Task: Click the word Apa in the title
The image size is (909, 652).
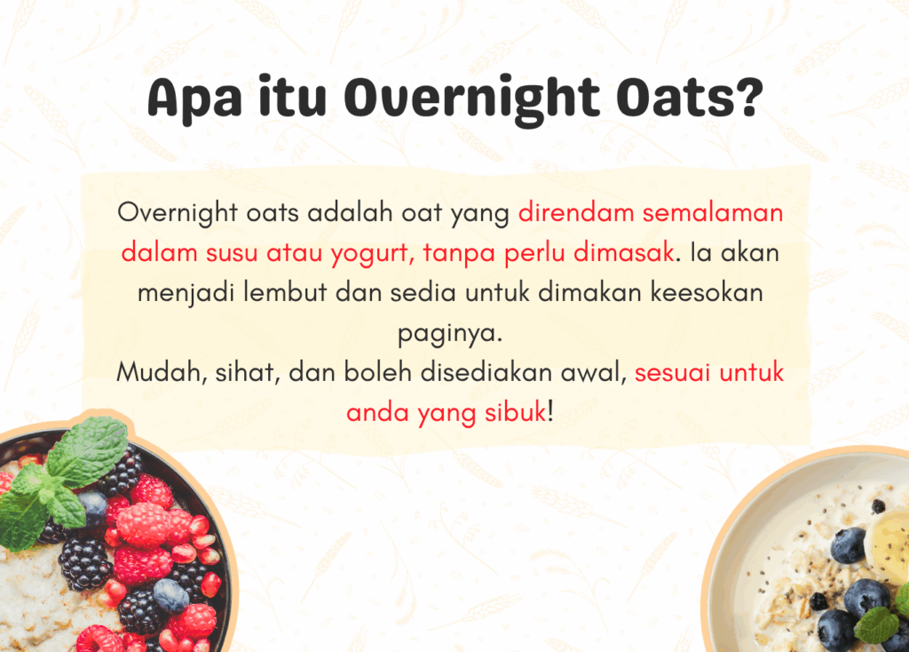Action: pos(194,99)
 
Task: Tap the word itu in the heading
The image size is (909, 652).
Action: pos(292,95)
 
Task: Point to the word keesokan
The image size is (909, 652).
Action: pos(706,291)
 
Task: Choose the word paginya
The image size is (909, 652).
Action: pos(450,334)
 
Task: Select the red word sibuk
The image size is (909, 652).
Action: pos(516,412)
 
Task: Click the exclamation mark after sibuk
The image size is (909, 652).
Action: pos(550,412)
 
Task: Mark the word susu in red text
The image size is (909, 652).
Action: pos(232,253)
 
